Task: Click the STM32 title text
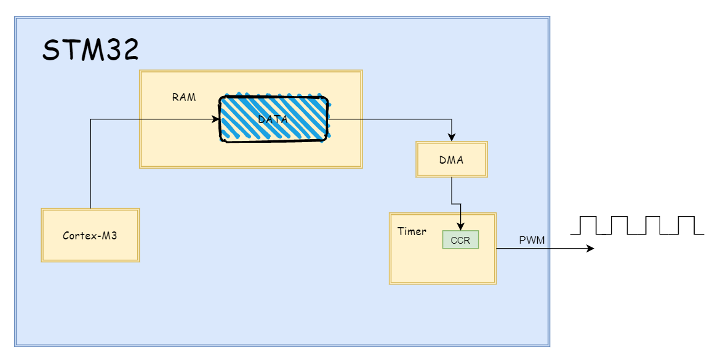[x=90, y=50]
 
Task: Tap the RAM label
[x=184, y=97]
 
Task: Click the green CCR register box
[x=460, y=240]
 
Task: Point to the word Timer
[x=412, y=231]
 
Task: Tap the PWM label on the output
[x=532, y=239]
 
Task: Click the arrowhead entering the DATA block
[x=216, y=119]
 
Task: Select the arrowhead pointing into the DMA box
[x=452, y=138]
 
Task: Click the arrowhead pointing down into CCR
[x=461, y=226]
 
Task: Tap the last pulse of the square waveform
[x=685, y=225]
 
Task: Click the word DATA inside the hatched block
[x=273, y=119]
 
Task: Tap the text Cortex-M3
[x=90, y=235]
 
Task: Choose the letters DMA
[x=452, y=160]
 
